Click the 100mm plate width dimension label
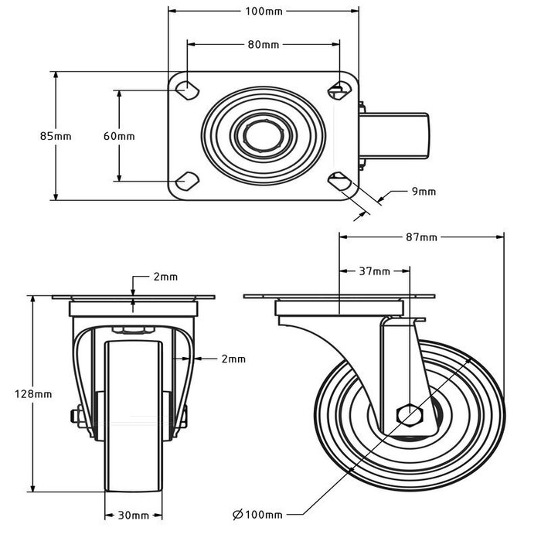(264, 12)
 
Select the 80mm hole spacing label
(264, 44)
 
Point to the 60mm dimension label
(119, 136)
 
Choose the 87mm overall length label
(422, 237)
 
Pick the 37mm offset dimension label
(375, 271)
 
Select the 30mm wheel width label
(134, 515)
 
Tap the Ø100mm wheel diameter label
(257, 514)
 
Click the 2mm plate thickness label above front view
(165, 276)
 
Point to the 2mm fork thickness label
(233, 359)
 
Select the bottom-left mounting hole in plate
(187, 182)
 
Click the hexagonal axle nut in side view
(409, 415)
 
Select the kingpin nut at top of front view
(133, 331)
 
